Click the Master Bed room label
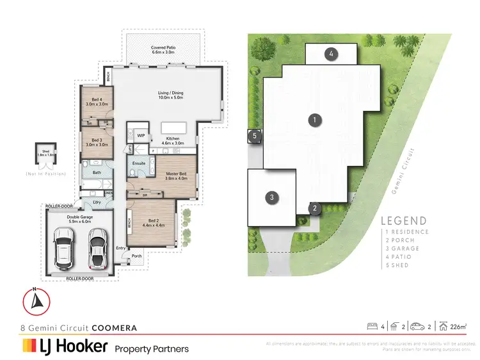click(x=176, y=176)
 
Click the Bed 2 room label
click(x=151, y=222)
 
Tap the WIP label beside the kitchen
click(x=141, y=136)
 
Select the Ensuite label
click(x=139, y=163)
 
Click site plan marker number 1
click(x=314, y=119)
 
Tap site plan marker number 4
click(x=332, y=54)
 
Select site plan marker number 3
click(x=272, y=197)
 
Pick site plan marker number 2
click(x=315, y=208)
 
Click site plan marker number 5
click(x=254, y=136)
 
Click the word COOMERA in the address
click(x=114, y=328)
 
